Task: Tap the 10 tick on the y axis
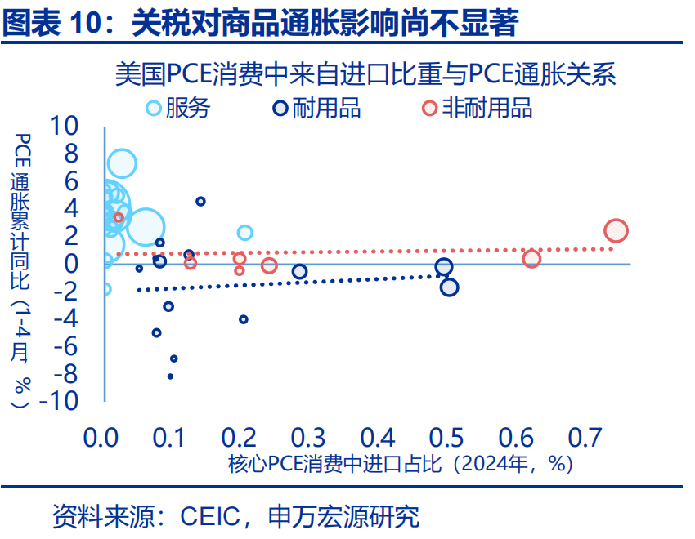click(65, 126)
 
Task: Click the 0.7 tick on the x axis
click(585, 438)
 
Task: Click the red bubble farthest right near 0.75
click(616, 231)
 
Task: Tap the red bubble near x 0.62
click(531, 259)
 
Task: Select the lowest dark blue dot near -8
click(170, 376)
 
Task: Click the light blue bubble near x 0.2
click(244, 233)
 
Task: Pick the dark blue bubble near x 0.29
click(299, 272)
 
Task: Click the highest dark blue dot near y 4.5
click(200, 201)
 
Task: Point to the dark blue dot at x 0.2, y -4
click(243, 319)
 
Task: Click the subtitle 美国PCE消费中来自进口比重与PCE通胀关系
click(365, 75)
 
